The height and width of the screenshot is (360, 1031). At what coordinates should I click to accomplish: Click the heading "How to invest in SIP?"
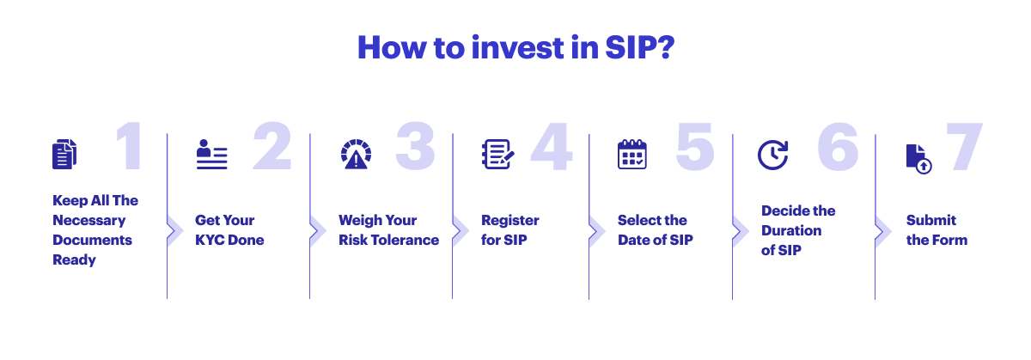coord(515,47)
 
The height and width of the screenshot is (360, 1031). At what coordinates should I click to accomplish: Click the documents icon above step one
coord(64,154)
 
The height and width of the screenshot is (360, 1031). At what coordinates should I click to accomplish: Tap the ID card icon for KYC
coord(211,154)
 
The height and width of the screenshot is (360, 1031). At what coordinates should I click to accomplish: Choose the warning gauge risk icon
coord(355,154)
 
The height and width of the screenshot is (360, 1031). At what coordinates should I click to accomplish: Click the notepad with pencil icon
coord(497,154)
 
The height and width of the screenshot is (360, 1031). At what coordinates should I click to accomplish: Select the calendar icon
coord(632,154)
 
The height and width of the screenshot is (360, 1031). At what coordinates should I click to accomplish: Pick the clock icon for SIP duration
coord(772,154)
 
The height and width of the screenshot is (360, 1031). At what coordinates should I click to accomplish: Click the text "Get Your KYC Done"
coord(229,229)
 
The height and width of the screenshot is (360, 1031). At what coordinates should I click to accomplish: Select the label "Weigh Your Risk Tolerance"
coord(388,229)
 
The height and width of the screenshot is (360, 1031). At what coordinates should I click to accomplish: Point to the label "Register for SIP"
coord(510,229)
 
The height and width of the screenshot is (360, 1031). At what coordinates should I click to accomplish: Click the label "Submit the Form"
coord(936,229)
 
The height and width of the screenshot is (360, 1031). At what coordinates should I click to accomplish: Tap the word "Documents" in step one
coord(92,240)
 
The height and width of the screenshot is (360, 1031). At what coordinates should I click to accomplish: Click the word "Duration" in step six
coord(791,230)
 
